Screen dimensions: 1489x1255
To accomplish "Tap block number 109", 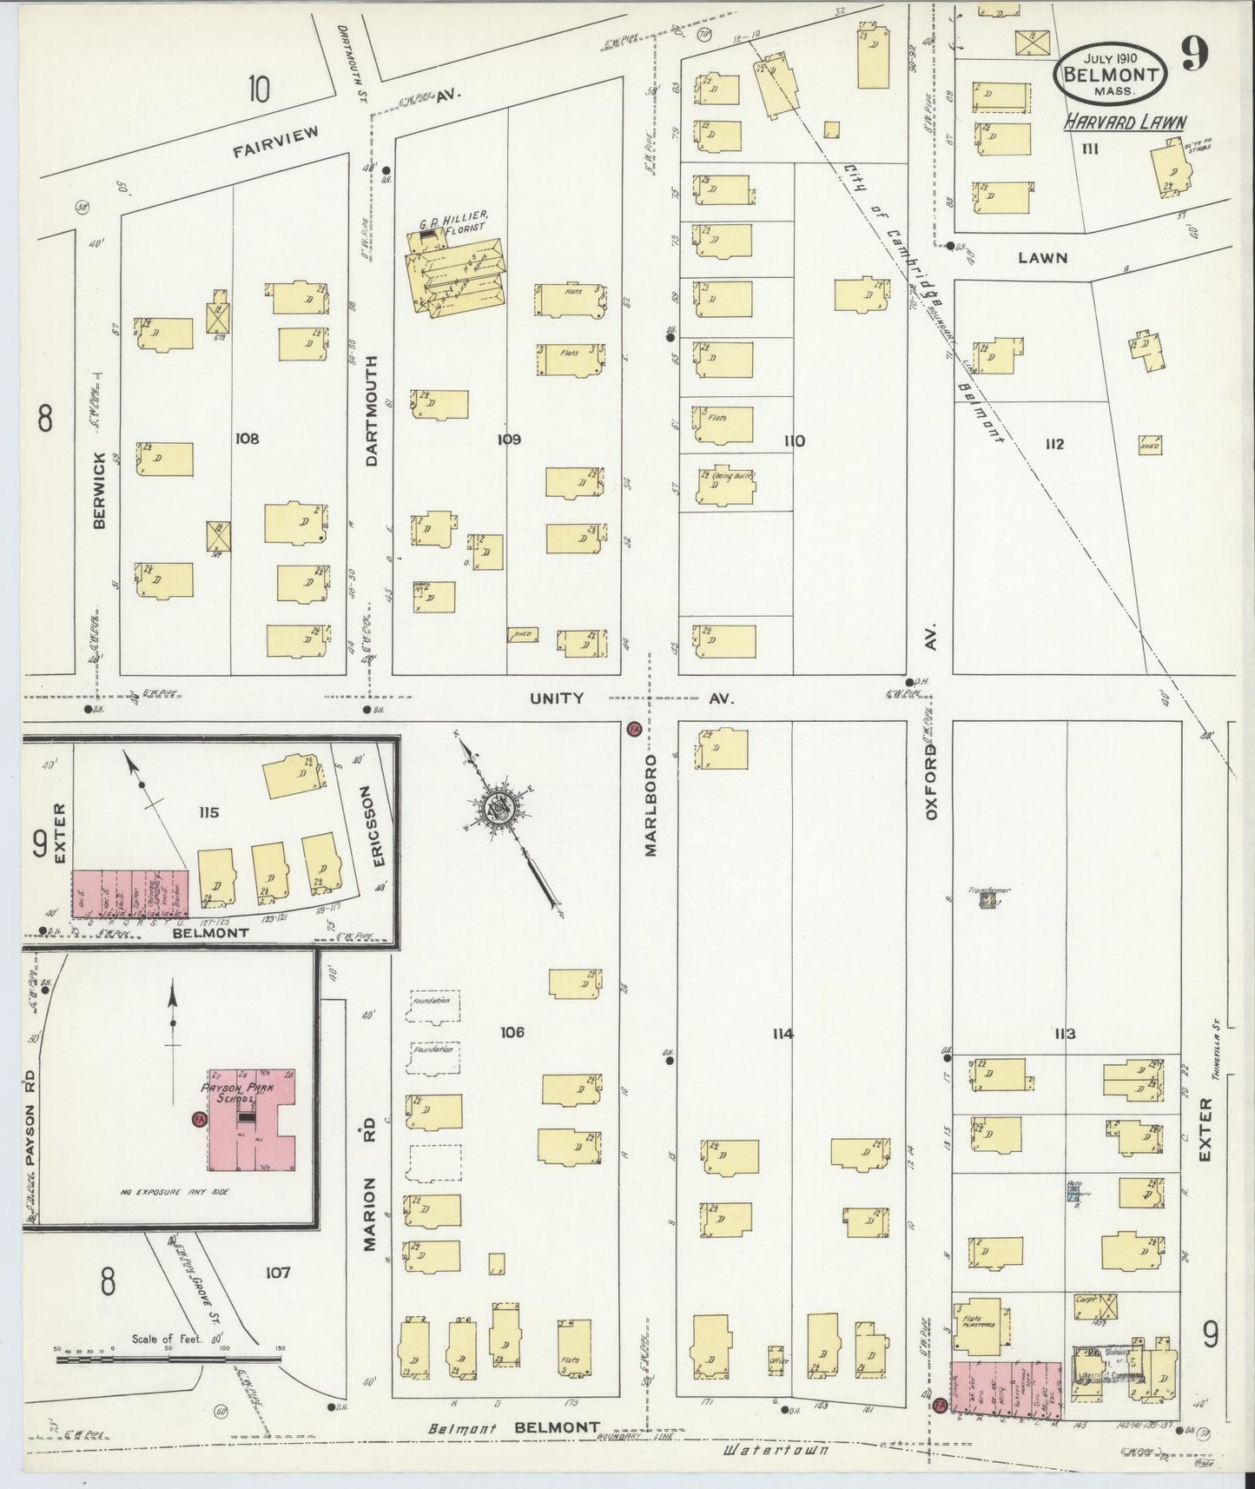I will click(x=509, y=440).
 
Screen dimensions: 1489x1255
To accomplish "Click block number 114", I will click(x=783, y=1033).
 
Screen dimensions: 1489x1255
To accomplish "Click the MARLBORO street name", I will click(x=650, y=805).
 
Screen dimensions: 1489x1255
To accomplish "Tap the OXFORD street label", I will click(x=930, y=782).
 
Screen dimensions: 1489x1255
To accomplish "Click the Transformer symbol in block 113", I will click(x=987, y=901).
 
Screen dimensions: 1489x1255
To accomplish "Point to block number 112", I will click(x=1054, y=444).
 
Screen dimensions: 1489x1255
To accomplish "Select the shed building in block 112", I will click(x=1150, y=445).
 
